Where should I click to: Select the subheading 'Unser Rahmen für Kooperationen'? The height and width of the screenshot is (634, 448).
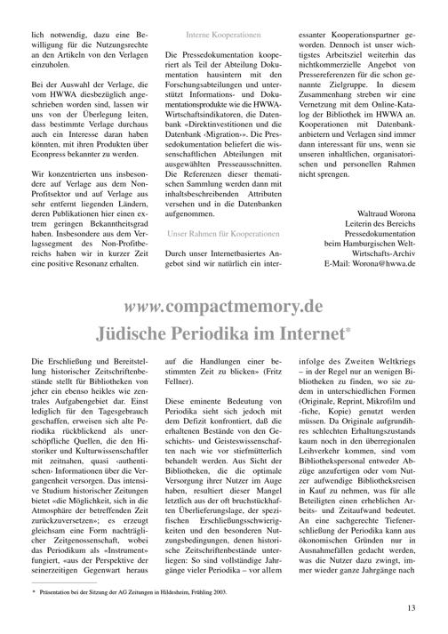[223, 233]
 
